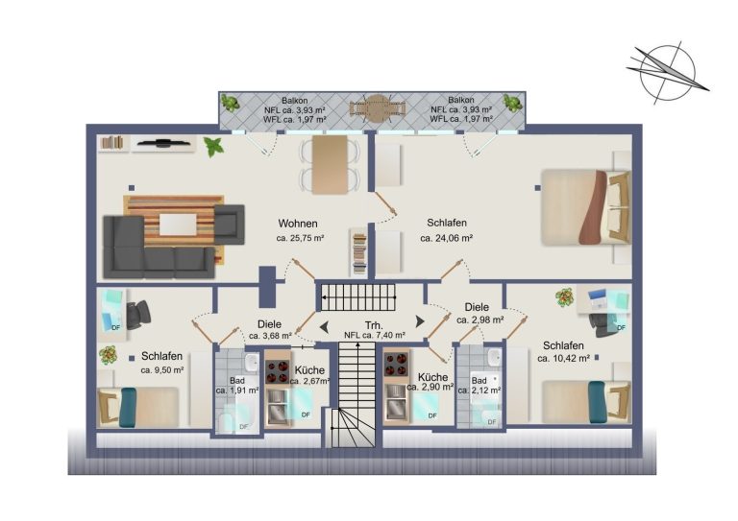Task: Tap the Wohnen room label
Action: coord(298,224)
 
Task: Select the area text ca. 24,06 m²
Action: coord(446,238)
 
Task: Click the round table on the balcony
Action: coord(376,108)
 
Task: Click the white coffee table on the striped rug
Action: coord(178,225)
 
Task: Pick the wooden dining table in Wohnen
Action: coord(330,164)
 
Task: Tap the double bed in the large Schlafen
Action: coord(586,207)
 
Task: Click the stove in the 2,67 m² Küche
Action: coord(277,371)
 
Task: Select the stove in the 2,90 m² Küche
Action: coord(396,364)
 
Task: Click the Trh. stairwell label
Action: coord(374,325)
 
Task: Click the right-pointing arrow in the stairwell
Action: coord(419,321)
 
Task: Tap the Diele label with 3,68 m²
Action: coord(269,324)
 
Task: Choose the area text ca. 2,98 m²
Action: coord(480,320)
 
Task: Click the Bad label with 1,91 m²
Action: coord(237,381)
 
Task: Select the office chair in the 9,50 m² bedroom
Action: coord(138,314)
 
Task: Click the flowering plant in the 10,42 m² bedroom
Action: coord(564,296)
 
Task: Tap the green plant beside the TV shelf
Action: coord(213,147)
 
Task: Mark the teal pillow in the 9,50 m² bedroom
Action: coord(127,407)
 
